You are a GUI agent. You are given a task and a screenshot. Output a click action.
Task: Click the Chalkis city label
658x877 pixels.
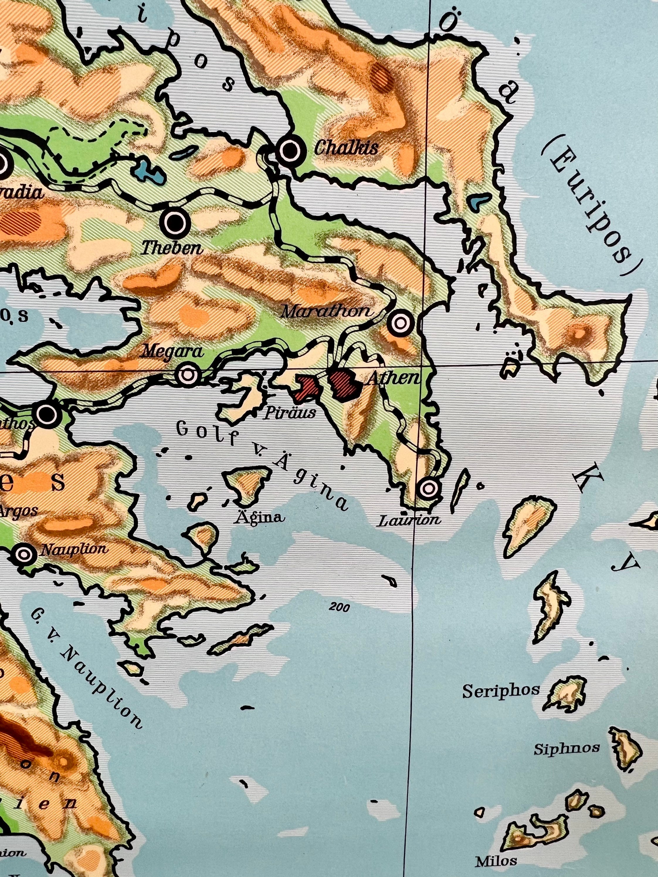[346, 148]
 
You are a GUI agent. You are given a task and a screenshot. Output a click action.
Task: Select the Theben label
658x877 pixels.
[172, 249]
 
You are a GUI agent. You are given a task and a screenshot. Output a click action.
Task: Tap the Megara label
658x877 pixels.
[173, 351]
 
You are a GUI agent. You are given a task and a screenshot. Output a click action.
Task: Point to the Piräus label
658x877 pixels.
[291, 413]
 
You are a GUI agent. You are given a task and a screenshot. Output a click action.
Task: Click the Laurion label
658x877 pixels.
[409, 520]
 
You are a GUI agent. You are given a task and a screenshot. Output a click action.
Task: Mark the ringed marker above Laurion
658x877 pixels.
[428, 488]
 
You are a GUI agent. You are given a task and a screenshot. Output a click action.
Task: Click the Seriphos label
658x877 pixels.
[501, 691]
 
